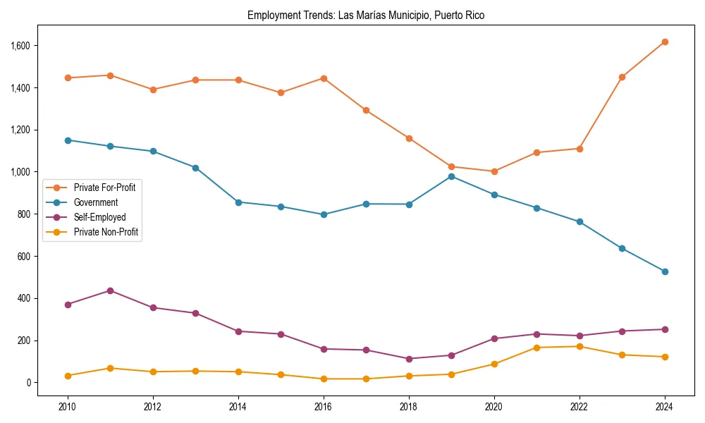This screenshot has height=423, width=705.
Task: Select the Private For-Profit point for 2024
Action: point(665,42)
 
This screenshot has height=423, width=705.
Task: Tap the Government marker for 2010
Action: point(68,140)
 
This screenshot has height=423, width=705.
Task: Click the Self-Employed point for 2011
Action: point(111,290)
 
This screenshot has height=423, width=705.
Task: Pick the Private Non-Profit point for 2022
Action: point(580,346)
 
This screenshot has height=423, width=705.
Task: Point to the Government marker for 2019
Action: point(451,176)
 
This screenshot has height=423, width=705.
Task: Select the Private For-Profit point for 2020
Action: point(494,171)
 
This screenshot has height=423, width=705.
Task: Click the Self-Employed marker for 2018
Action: point(409,359)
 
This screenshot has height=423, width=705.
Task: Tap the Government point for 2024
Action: point(665,271)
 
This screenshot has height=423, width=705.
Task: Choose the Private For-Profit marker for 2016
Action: point(324,78)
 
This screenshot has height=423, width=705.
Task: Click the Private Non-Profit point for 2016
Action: point(324,379)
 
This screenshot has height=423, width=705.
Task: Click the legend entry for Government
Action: point(96,202)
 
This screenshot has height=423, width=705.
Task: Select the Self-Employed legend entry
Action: point(99,217)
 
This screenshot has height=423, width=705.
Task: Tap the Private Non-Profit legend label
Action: point(106,232)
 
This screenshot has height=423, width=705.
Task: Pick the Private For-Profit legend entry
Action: point(104,188)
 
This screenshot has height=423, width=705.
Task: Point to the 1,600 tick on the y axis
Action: point(26,46)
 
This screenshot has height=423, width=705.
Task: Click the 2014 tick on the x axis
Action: point(238,407)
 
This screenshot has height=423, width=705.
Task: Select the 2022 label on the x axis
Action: point(580,407)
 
